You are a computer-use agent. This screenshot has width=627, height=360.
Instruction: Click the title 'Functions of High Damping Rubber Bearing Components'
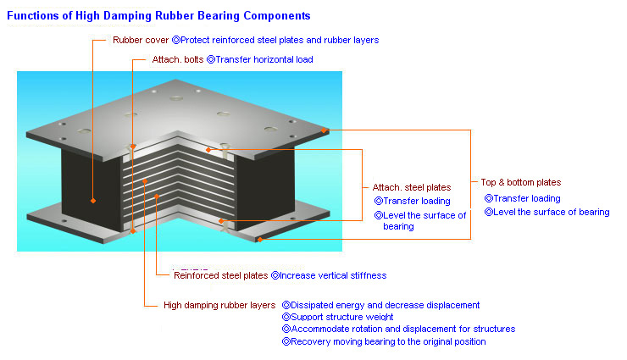[158, 15]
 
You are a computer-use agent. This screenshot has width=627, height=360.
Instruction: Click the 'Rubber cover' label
[141, 40]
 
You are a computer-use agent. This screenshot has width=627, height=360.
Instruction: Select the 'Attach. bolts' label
[178, 59]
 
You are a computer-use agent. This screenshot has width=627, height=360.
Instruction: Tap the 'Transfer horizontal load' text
[264, 59]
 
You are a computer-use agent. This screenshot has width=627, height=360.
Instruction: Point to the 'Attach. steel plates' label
[412, 187]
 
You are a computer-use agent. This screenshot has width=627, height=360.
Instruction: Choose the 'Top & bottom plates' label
[520, 182]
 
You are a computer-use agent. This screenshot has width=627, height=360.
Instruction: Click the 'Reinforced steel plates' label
[221, 275]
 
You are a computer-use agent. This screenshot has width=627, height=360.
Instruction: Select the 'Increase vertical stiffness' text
[333, 275]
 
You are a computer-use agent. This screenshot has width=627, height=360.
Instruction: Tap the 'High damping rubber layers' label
[219, 305]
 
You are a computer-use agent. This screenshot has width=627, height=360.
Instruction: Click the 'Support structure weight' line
[342, 317]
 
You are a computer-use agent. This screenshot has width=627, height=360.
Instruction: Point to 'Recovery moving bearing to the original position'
[388, 341]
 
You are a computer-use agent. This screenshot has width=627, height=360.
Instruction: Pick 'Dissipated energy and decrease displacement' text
[385, 305]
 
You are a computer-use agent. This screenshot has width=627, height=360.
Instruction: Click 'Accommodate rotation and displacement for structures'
[403, 329]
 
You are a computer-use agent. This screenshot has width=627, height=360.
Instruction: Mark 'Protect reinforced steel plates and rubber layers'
[280, 40]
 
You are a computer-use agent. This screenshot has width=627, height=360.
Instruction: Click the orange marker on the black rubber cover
[92, 201]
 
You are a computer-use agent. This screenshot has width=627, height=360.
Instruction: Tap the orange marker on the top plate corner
[324, 130]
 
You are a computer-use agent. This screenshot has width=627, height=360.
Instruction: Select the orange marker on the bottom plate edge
[260, 240]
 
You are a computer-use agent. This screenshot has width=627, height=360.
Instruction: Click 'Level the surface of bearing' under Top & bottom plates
[551, 212]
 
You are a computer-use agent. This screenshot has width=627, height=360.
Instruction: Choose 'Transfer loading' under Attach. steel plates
[417, 201]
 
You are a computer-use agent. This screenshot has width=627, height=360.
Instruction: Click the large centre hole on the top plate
[176, 98]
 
